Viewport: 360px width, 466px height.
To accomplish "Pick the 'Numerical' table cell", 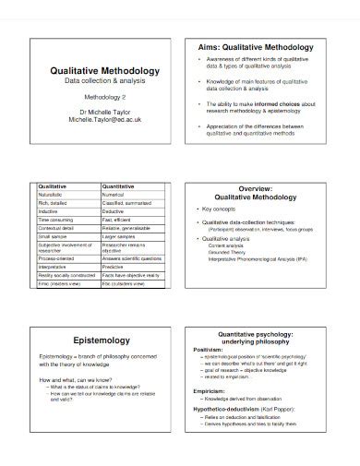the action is (117, 196).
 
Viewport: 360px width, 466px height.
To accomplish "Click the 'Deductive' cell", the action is (117, 212).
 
